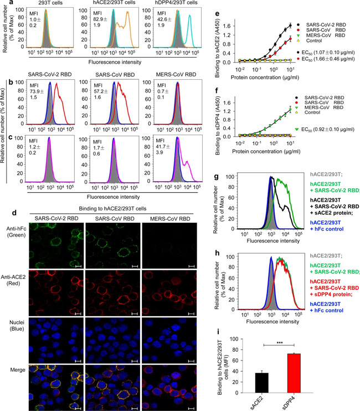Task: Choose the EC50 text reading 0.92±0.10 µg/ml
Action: tap(327, 145)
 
